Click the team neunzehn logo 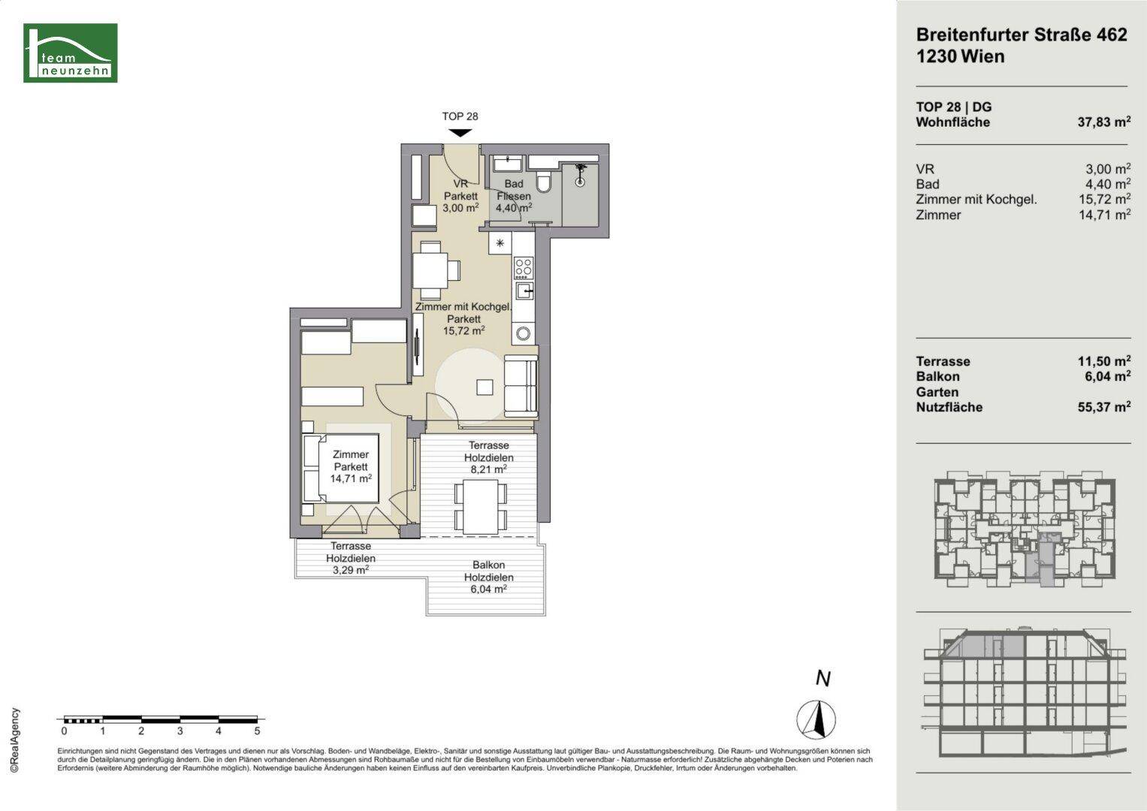tap(70, 53)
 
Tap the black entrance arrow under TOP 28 tap(460, 133)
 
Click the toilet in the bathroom tap(543, 182)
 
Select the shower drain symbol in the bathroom tap(580, 181)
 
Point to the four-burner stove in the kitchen tap(524, 268)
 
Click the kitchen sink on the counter tap(524, 291)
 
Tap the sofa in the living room tap(521, 385)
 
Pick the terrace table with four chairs tap(480, 506)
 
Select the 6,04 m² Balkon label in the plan tap(488, 577)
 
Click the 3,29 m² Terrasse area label tap(351, 558)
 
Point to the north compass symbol tap(816, 720)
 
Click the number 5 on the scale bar tap(258, 731)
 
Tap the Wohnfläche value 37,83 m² tap(1104, 122)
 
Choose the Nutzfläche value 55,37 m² tap(1104, 407)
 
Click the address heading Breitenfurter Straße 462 tap(1022, 35)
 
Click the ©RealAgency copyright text tap(15, 740)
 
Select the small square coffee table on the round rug tap(484, 387)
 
